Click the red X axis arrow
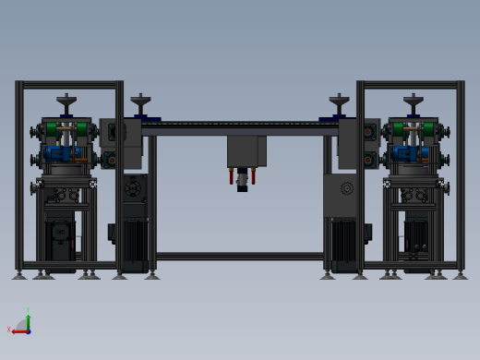click(x=16, y=330)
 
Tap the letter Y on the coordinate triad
click(x=29, y=310)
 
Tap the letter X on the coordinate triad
click(x=8, y=330)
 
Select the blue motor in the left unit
click(x=59, y=153)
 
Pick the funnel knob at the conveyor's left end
click(x=139, y=100)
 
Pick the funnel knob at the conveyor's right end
click(x=340, y=100)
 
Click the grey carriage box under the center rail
click(x=246, y=150)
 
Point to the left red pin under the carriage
click(x=231, y=175)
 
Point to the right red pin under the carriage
click(x=257, y=175)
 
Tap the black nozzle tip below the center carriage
click(x=243, y=187)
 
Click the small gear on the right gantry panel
click(x=347, y=188)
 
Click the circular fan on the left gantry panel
click(x=134, y=188)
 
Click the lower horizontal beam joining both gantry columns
click(x=239, y=256)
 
